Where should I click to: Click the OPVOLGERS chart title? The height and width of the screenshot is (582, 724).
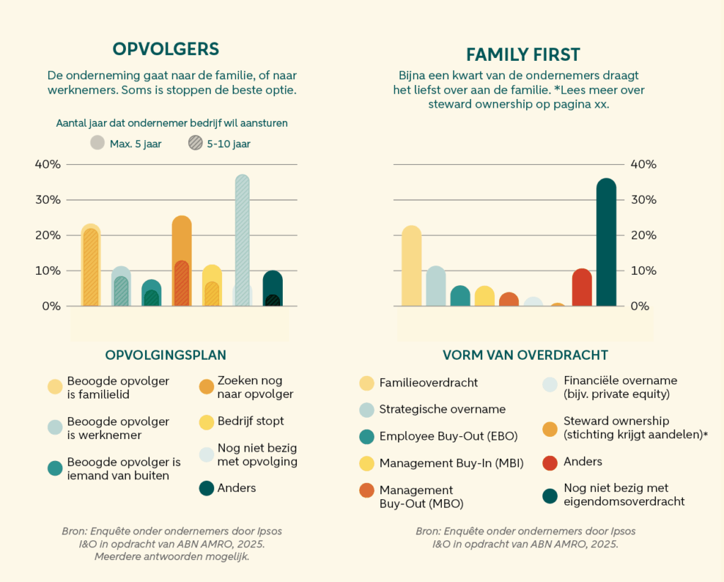click(166, 49)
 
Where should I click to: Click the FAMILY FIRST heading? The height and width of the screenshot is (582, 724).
click(522, 55)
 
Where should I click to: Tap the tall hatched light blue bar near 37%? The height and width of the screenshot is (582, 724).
click(243, 234)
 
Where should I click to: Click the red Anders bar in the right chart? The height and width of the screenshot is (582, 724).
click(581, 288)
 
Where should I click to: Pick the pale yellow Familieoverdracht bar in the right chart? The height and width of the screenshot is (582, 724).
click(411, 266)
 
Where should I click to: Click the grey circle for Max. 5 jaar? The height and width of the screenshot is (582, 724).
click(98, 143)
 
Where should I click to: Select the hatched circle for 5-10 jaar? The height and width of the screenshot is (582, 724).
click(195, 143)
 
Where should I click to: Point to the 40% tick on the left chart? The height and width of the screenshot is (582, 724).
click(48, 164)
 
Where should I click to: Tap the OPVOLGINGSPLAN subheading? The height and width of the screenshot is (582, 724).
click(165, 355)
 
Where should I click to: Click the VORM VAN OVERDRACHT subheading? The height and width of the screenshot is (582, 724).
click(525, 355)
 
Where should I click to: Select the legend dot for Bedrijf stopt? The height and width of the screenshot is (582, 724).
click(206, 422)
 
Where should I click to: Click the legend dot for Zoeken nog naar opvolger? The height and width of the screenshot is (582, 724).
click(206, 387)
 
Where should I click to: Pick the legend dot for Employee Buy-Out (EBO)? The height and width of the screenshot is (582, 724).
click(366, 437)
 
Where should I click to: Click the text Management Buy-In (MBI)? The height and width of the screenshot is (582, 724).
click(451, 464)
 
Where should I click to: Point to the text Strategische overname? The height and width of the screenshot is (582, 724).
click(443, 409)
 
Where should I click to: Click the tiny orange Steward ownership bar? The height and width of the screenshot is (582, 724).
click(558, 304)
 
